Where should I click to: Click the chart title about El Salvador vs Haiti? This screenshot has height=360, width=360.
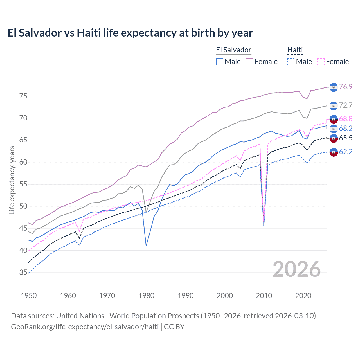coord(130,33)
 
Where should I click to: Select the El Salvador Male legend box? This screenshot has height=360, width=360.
coord(219,62)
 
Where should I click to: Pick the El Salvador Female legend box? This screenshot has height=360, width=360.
coord(249,62)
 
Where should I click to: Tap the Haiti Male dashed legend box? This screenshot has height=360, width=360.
coord(291,62)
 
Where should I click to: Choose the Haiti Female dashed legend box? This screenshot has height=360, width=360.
coord(321,62)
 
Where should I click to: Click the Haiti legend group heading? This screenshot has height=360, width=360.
coord(295,50)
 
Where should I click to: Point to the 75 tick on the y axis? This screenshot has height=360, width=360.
coord(23,96)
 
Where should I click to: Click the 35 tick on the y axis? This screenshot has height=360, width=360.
coord(23,272)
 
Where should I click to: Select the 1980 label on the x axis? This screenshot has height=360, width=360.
coord(146,296)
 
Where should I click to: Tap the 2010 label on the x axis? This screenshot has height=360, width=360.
coord(264,296)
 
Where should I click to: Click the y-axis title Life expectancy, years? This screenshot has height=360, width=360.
coord(12,180)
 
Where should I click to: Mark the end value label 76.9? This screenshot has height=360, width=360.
coord(346,87)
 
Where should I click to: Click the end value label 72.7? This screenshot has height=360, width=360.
coord(346,105)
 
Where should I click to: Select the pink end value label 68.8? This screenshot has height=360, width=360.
coord(346,119)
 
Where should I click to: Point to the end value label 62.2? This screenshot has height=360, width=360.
coord(346,152)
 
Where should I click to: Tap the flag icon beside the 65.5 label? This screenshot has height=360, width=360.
coord(334,138)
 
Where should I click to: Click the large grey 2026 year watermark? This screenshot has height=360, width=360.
coord(297,269)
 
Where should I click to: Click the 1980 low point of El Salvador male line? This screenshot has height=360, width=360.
coord(146,246)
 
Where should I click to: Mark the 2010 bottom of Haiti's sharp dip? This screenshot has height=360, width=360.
coord(264,226)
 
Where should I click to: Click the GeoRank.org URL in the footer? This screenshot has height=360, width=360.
coord(85,327)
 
